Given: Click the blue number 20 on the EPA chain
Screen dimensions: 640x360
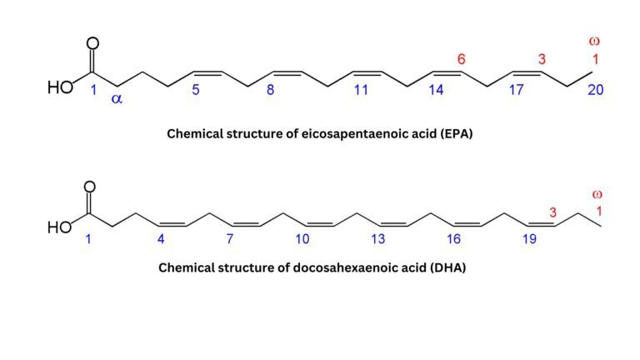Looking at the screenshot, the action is click(595, 90).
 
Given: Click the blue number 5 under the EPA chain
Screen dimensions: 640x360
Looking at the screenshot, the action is click(196, 90).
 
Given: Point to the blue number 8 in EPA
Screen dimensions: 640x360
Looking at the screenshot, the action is click(270, 90).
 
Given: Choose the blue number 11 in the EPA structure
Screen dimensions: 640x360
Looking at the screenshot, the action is click(361, 90).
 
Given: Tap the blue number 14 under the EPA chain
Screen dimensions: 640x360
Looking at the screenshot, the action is click(437, 90).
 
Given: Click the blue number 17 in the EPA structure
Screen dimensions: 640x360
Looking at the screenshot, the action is click(517, 90).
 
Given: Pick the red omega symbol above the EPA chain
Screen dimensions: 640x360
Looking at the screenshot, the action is click(594, 40).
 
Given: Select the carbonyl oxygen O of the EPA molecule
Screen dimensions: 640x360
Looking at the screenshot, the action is click(92, 43).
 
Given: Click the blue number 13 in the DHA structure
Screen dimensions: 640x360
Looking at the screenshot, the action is click(378, 239).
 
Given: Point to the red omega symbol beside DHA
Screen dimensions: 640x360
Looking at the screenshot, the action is click(597, 194).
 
